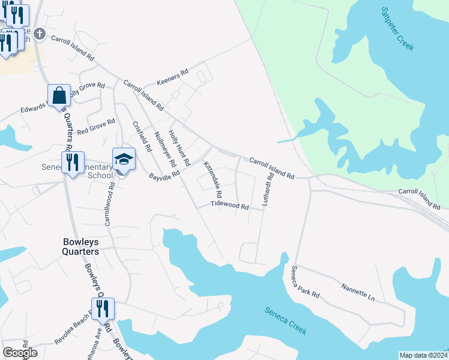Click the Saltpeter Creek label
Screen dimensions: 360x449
click(397, 29)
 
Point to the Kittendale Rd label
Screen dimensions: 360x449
click(212, 180)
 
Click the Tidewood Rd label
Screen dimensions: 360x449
click(229, 206)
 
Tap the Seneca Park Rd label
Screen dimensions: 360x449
click(306, 283)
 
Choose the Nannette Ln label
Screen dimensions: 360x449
click(358, 293)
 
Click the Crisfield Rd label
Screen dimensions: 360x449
click(141, 136)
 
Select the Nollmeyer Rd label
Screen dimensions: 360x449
click(165, 149)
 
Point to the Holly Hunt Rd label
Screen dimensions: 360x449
click(179, 148)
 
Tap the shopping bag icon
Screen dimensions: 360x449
click(59, 95)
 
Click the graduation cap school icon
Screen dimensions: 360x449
click(124, 159)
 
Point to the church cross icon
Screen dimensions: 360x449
click(40, 33)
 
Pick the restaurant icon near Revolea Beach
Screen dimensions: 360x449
click(103, 308)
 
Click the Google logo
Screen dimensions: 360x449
click(20, 353)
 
